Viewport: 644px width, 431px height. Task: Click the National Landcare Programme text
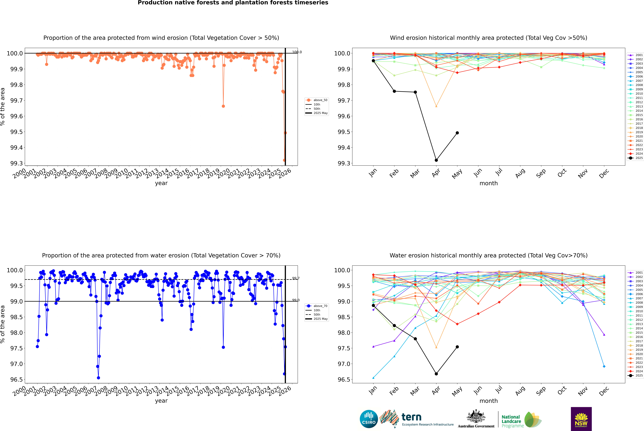[x=511, y=421]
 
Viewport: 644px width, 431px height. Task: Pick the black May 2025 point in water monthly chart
[x=457, y=347]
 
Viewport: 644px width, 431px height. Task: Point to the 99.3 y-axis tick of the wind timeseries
[x=16, y=163]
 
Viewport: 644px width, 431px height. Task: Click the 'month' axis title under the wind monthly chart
[x=488, y=183]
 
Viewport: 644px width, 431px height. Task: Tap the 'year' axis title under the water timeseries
[x=161, y=401]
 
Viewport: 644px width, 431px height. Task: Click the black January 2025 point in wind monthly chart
[x=373, y=61]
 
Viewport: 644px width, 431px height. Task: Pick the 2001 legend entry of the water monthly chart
[x=635, y=273]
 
